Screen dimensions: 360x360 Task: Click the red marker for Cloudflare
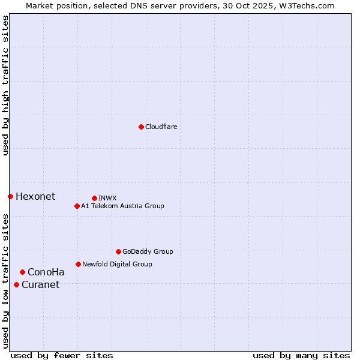click(141, 127)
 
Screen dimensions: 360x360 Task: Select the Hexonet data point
click(10, 196)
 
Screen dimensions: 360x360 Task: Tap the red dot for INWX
click(94, 198)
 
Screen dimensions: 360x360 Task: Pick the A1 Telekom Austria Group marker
click(77, 206)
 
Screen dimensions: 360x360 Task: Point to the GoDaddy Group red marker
click(118, 251)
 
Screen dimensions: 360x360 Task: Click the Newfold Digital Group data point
click(78, 264)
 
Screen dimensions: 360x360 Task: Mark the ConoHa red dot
click(22, 272)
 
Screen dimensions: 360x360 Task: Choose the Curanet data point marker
click(16, 284)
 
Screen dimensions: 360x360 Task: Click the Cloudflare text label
click(161, 127)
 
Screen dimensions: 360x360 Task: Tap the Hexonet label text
click(35, 196)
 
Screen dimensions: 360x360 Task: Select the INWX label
click(107, 198)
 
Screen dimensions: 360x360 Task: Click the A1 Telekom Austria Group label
click(122, 206)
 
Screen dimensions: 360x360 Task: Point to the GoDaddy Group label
click(148, 251)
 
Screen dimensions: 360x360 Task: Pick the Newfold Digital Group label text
click(117, 264)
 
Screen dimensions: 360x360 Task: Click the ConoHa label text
click(46, 272)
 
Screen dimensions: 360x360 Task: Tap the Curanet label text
click(41, 284)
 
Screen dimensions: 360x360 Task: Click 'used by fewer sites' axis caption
click(62, 355)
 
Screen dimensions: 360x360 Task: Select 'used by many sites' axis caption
click(301, 355)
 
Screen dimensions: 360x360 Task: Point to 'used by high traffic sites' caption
click(5, 86)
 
